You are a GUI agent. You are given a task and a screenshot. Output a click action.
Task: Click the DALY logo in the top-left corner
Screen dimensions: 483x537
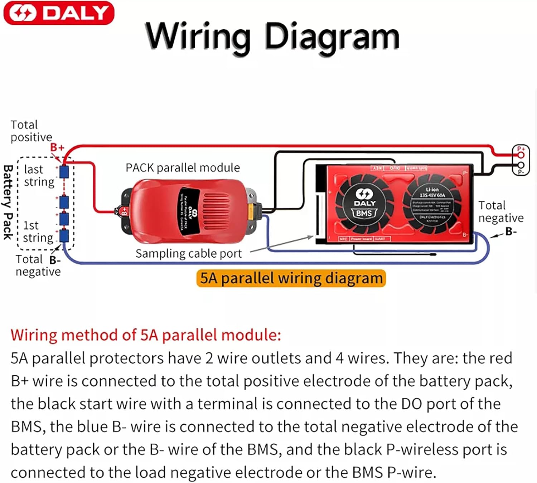click(59, 13)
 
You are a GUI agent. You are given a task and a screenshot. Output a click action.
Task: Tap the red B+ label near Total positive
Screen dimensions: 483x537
click(57, 147)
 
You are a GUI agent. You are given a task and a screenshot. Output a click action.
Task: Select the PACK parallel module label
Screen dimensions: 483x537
click(183, 167)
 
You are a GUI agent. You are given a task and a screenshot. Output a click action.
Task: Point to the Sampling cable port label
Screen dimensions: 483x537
click(189, 253)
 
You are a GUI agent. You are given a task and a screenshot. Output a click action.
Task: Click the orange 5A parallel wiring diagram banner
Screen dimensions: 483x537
click(291, 278)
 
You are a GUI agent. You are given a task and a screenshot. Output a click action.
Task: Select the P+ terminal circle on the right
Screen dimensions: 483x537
click(521, 155)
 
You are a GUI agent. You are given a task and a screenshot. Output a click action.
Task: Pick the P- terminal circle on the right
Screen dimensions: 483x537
click(521, 165)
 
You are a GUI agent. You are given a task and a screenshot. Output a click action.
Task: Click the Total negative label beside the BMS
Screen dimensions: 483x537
click(501, 211)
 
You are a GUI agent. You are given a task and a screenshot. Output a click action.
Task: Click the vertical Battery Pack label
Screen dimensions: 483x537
click(8, 202)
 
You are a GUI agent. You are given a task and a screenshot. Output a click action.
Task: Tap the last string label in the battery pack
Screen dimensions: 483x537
click(39, 175)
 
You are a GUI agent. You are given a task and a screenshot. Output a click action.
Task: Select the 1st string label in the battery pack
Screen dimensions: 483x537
click(38, 231)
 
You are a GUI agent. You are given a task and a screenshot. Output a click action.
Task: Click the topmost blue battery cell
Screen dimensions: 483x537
click(64, 172)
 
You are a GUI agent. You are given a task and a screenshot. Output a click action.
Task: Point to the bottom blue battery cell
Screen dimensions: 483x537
click(64, 236)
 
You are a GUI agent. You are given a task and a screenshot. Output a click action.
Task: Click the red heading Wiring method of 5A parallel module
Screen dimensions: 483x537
click(146, 335)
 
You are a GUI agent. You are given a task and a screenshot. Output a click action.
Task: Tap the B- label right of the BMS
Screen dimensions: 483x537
click(511, 232)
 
